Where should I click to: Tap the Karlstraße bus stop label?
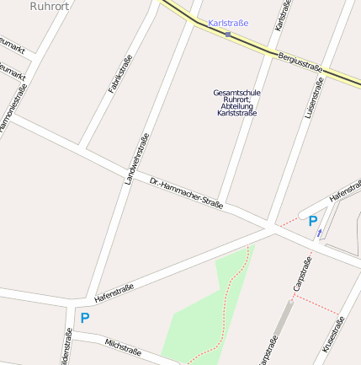[228, 24]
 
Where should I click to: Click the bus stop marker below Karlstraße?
[228, 35]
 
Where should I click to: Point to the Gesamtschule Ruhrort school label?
[236, 102]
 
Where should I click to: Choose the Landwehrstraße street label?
[136, 158]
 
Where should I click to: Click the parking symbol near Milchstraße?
[84, 319]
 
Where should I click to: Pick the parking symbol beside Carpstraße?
[313, 221]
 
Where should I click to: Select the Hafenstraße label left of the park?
[114, 292]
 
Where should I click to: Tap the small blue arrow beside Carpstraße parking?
[319, 233]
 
